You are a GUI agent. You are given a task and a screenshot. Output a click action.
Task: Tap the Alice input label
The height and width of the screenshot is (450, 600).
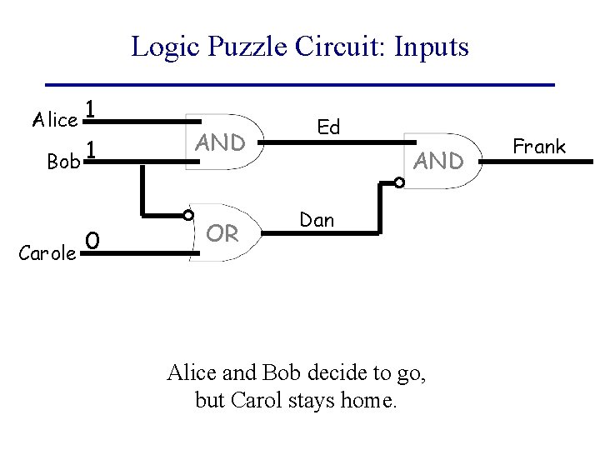click(54, 119)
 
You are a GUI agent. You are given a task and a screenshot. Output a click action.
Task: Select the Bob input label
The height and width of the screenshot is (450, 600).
click(63, 162)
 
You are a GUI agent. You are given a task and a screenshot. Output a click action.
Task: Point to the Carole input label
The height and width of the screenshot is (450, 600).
click(47, 252)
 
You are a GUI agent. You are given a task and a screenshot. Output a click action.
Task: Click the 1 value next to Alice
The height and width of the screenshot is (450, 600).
click(92, 109)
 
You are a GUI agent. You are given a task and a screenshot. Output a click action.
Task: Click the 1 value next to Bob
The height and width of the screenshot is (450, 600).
click(92, 150)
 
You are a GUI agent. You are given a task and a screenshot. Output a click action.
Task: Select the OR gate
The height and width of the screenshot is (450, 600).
click(222, 234)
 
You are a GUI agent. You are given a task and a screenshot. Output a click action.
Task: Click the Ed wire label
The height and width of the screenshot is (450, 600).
click(328, 127)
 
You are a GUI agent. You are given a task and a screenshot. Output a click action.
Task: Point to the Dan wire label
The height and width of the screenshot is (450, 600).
click(317, 220)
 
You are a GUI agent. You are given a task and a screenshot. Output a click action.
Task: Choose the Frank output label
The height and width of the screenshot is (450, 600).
click(539, 147)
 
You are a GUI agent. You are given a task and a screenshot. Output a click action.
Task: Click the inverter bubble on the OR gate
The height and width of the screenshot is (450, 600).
click(189, 214)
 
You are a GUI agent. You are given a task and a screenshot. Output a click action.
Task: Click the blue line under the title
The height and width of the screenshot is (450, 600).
click(300, 85)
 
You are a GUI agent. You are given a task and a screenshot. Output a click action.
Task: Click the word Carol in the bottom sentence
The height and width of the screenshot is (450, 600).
click(254, 401)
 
